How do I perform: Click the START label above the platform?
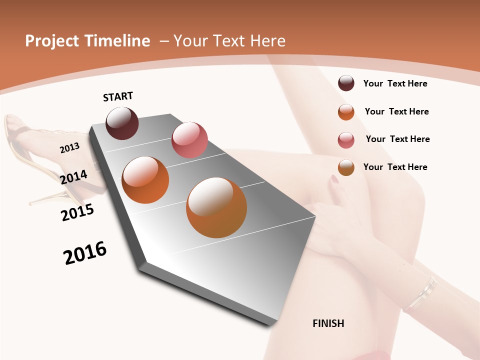click(x=118, y=96)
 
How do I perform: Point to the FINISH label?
click(x=328, y=323)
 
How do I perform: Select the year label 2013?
click(x=69, y=147)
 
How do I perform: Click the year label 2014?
click(x=73, y=177)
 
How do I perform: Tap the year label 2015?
click(x=77, y=212)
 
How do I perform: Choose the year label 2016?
click(x=85, y=253)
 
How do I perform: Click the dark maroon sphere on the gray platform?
click(x=122, y=123)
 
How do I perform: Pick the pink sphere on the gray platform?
click(x=189, y=139)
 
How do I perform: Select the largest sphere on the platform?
click(x=216, y=207)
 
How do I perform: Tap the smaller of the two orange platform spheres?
click(x=145, y=179)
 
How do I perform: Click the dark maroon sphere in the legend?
click(x=346, y=83)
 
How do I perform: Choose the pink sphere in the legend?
click(x=346, y=140)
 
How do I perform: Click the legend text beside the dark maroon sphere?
click(x=395, y=83)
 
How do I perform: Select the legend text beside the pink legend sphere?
click(x=397, y=139)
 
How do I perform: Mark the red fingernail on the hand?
click(x=334, y=179)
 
